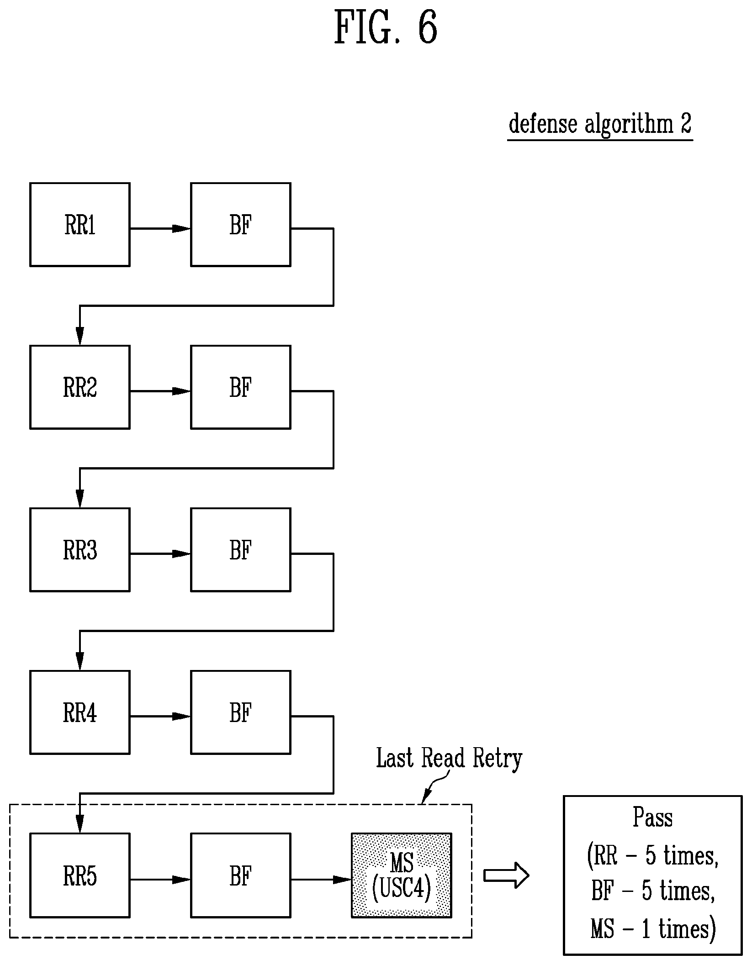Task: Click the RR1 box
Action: point(80,225)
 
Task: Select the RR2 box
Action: point(80,387)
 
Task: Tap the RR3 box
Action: point(80,550)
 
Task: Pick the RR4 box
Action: point(80,712)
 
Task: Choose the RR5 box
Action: point(80,875)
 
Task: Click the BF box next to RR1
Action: point(241,225)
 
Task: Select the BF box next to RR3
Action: point(241,550)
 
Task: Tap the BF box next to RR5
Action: point(241,875)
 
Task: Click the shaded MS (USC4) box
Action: point(402,875)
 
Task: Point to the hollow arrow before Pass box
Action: point(506,875)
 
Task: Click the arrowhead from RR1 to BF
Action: point(181,228)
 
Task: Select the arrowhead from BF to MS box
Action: point(342,879)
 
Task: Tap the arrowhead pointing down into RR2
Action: point(80,336)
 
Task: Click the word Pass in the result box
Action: point(652,817)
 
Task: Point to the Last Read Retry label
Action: point(449,759)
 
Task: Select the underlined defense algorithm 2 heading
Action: point(600,124)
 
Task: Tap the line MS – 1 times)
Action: point(653,928)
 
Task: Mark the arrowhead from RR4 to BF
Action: point(181,717)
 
